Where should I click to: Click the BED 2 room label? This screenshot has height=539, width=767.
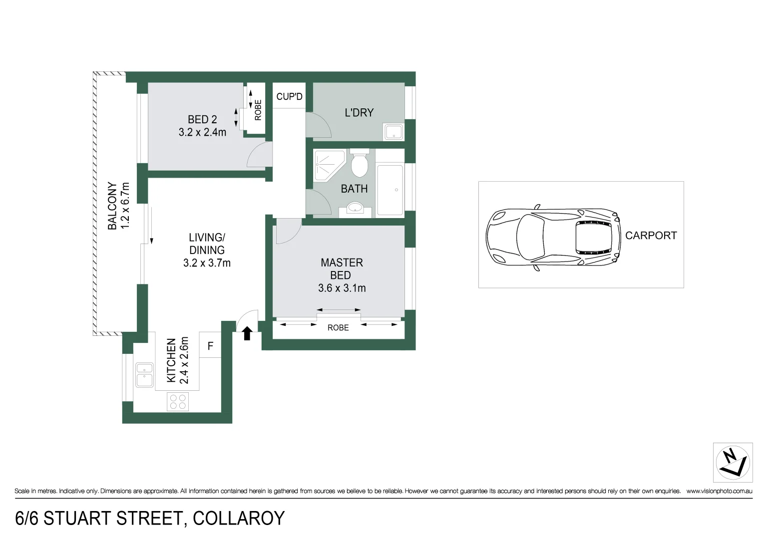pos(202,120)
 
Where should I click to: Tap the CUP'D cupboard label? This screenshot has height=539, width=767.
pos(289,96)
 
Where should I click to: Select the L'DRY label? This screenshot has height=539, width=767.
pos(359,113)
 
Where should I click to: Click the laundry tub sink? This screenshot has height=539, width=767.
pos(393,132)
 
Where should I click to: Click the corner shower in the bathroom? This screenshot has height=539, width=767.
pos(328,164)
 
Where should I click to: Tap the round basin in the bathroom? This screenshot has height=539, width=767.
pos(355,208)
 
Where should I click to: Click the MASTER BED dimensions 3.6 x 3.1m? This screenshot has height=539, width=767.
pos(342,288)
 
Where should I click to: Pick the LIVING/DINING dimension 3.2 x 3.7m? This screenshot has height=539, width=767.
pos(207,263)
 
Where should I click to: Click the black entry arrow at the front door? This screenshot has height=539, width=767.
pos(247,333)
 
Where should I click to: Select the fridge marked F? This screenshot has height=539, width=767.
pos(210,346)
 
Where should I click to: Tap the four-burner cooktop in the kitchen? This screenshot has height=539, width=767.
pos(178,402)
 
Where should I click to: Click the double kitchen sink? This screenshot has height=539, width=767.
pos(144,375)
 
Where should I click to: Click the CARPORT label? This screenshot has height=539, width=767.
pos(651,236)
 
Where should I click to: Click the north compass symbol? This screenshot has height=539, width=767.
pos(733,462)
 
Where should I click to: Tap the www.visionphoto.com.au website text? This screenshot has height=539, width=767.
pos(719,491)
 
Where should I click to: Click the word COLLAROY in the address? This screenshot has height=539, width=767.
pos(239,519)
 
